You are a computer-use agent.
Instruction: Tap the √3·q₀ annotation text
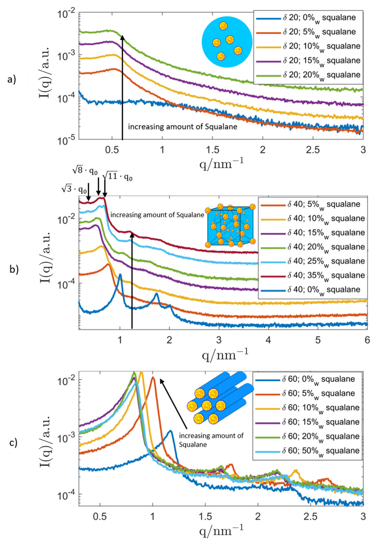click(x=74, y=189)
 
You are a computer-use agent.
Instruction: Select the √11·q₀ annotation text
click(x=117, y=176)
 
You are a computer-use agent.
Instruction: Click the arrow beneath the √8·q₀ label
click(x=98, y=186)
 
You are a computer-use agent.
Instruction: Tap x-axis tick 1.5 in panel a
click(x=212, y=150)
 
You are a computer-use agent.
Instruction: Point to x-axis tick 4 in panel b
click(x=268, y=340)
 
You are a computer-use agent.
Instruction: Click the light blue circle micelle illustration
click(x=227, y=42)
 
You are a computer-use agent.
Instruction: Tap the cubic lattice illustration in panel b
click(x=230, y=225)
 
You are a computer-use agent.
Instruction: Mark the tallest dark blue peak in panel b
click(x=120, y=274)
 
